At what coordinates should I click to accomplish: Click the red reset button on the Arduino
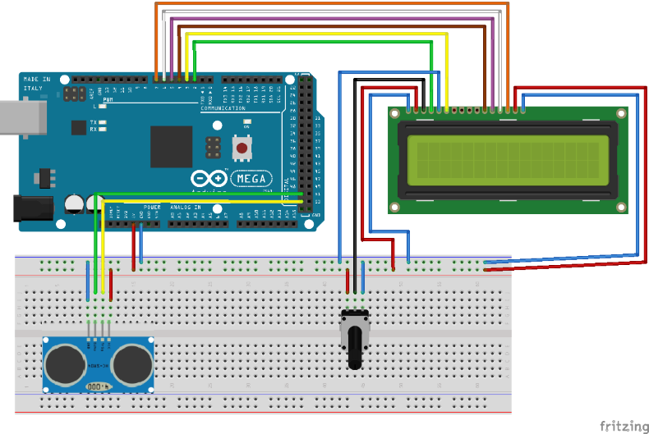243,148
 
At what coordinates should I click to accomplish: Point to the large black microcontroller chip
171,147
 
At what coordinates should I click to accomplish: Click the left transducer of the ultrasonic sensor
64,363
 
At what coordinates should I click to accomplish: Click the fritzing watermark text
622,425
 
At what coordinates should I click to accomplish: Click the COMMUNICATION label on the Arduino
223,108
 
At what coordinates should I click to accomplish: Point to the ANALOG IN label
186,208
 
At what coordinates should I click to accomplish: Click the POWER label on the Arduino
152,207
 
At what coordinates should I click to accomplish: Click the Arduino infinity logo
207,178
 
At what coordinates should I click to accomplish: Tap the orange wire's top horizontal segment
329,3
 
